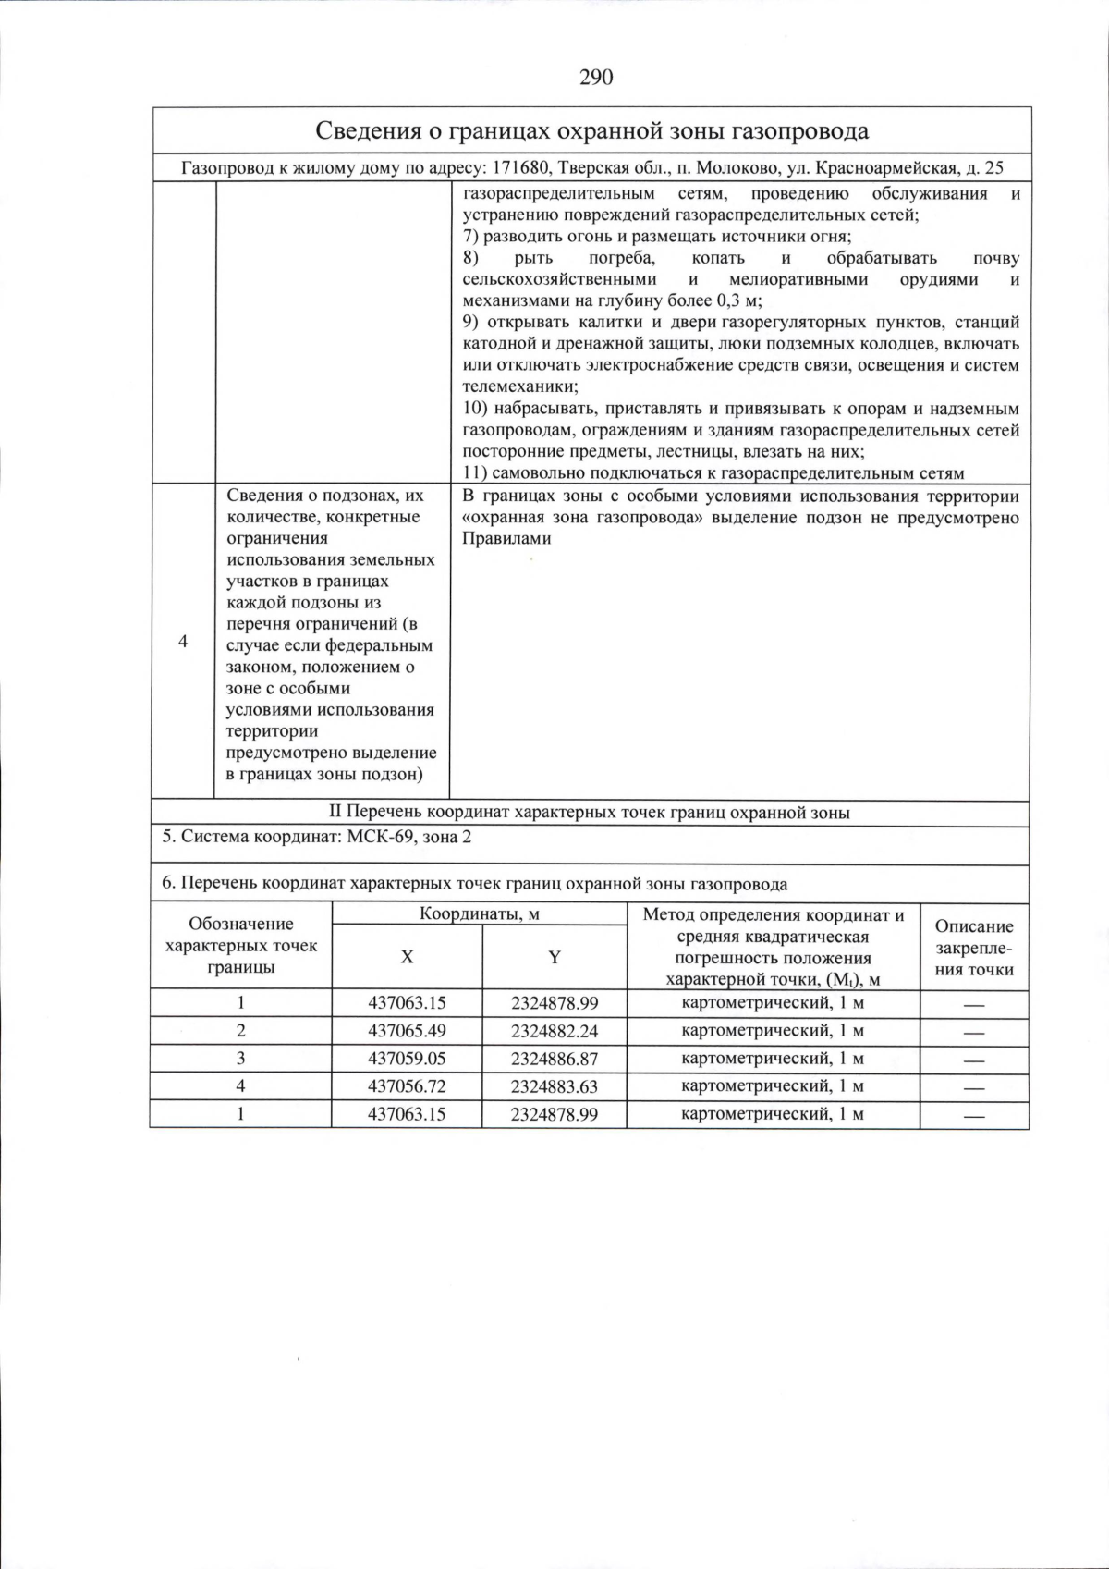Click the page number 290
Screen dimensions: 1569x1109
pos(596,78)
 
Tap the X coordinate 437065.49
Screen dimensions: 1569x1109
pos(407,1031)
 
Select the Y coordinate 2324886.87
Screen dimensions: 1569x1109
pos(554,1059)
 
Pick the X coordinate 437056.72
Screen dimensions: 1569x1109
pos(407,1086)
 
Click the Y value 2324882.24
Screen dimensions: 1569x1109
pos(554,1031)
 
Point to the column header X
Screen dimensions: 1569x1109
pos(407,957)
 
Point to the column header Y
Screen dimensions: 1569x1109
pos(554,957)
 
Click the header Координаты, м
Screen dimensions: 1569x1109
pos(479,914)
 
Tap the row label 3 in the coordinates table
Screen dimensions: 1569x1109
pos(240,1059)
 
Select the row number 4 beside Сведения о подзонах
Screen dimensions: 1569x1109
pos(183,642)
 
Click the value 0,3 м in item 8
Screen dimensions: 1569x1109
pos(737,300)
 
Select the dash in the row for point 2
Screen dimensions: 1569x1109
pos(974,1033)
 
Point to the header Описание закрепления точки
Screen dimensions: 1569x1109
pos(974,948)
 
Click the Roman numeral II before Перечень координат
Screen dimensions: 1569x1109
pos(335,813)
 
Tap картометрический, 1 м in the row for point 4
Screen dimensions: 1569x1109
pos(773,1086)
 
